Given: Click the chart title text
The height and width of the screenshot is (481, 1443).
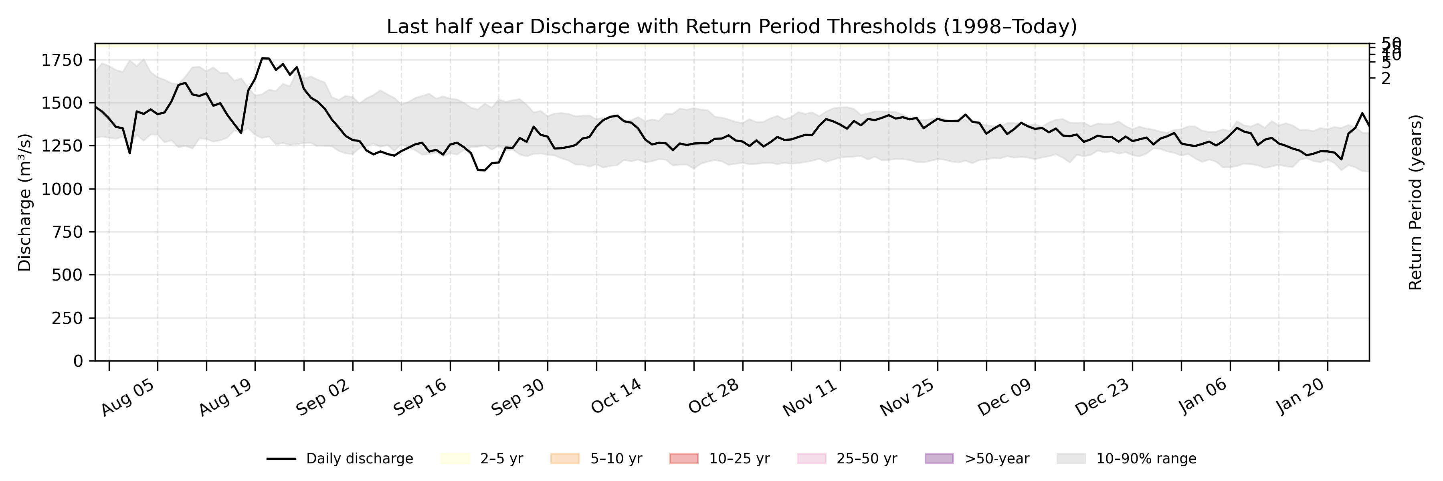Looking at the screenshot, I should coord(732,27).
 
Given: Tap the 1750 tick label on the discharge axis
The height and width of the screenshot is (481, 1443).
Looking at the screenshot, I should coord(62,60).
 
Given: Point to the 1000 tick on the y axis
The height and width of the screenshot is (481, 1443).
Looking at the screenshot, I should coord(62,189).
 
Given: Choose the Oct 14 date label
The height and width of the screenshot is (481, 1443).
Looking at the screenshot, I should coord(616,398).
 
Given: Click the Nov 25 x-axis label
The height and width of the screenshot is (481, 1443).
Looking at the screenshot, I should coord(907,398).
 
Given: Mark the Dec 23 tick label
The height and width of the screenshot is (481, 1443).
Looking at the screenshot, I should coord(1102,398).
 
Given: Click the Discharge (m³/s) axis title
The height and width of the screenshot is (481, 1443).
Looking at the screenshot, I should coord(24,202).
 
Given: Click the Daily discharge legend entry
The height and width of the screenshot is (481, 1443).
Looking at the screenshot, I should coord(340,459).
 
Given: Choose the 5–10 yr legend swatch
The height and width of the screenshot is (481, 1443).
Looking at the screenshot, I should coord(565,459).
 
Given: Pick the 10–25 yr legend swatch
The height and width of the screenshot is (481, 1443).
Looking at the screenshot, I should coord(683,459).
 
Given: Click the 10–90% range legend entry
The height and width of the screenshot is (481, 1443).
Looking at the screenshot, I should coord(1126,459).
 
